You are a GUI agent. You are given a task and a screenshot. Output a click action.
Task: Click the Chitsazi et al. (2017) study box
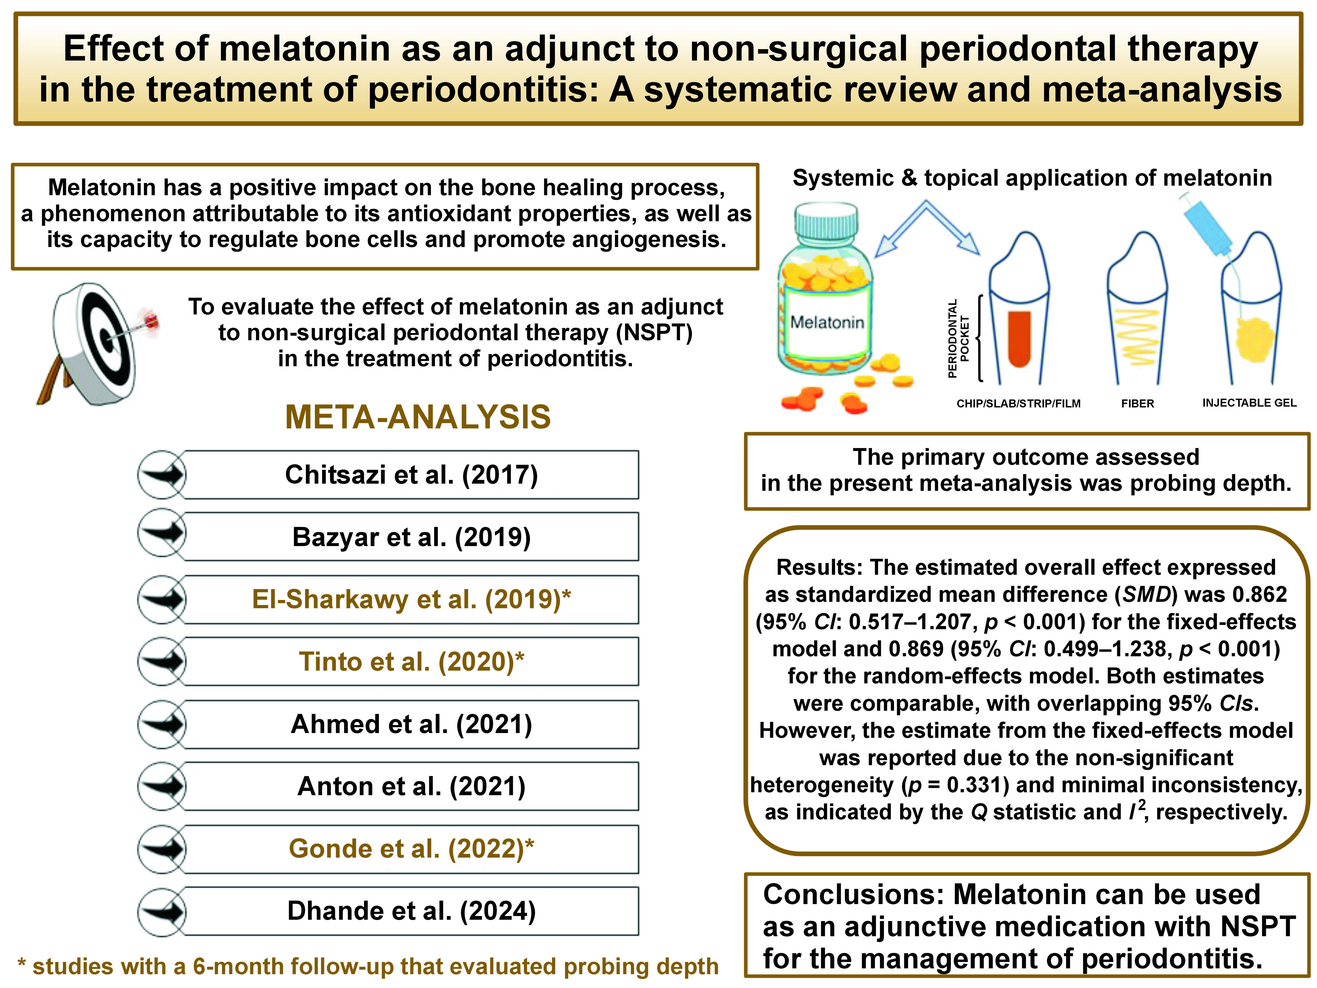point(411,475)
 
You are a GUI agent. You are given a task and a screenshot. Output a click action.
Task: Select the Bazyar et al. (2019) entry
point(411,536)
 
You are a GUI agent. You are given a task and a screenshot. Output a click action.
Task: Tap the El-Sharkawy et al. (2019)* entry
point(411,599)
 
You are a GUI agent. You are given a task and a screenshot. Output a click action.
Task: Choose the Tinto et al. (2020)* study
point(411,661)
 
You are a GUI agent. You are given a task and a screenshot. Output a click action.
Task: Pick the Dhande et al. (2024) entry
point(411,910)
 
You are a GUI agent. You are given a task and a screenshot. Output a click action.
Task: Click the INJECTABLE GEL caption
point(1248,403)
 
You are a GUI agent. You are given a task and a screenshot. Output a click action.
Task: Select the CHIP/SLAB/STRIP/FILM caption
point(1018,403)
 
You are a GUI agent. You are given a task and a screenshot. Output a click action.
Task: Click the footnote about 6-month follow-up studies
point(368,966)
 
